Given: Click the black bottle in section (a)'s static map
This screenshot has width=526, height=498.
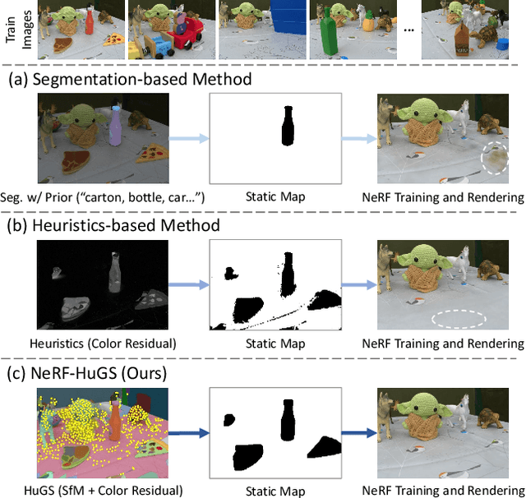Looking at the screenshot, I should coord(287,127).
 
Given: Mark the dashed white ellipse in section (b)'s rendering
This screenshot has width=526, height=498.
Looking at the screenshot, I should coord(458,318).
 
